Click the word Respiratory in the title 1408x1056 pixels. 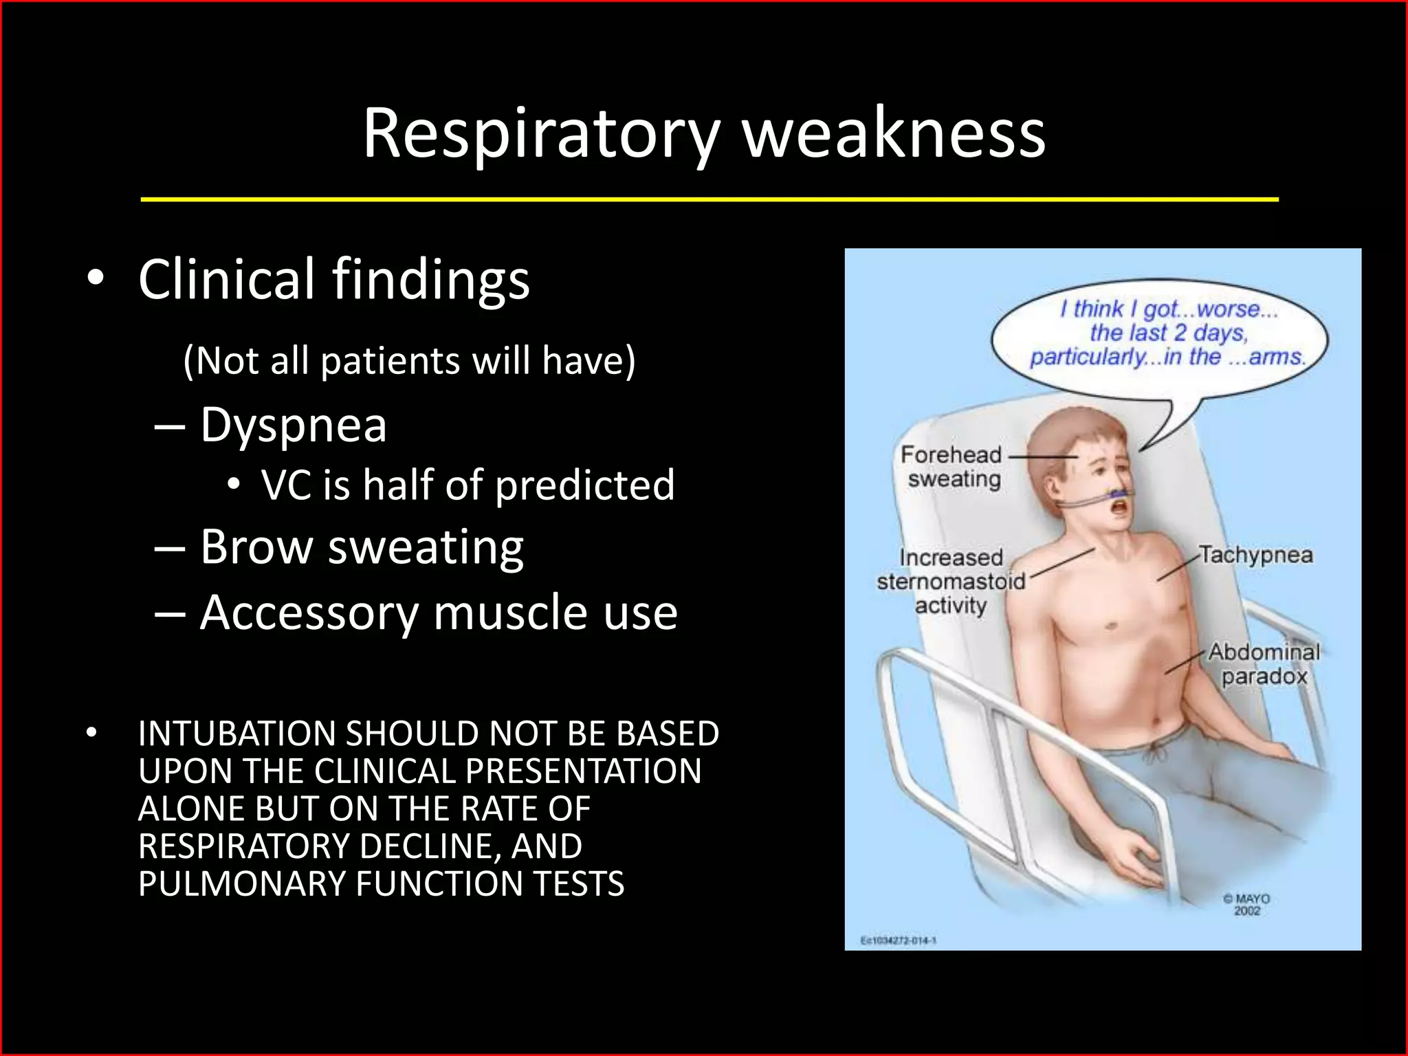tap(542, 133)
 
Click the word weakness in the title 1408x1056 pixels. tap(894, 133)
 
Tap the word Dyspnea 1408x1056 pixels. tap(294, 426)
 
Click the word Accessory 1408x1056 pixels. tap(309, 613)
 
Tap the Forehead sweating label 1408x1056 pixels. tap(952, 467)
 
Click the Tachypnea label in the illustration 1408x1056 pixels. tap(1256, 555)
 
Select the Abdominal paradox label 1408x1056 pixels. tap(1264, 664)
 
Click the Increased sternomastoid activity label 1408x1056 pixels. tap(951, 582)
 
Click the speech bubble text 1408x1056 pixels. tap(1167, 333)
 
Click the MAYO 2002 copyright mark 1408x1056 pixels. tap(1246, 904)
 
